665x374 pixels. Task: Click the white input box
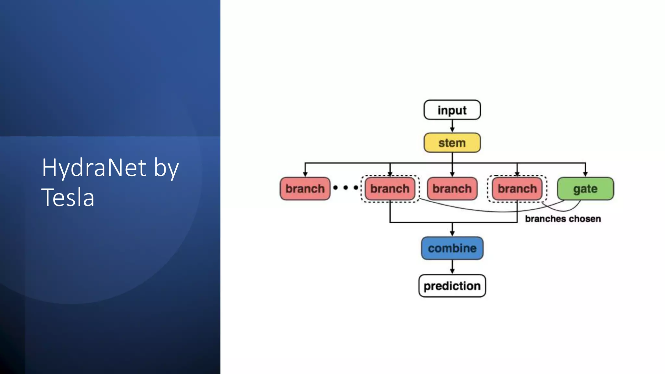click(x=452, y=110)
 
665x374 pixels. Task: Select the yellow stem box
click(x=452, y=143)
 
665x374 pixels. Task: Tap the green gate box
click(x=585, y=189)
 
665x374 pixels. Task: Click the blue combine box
click(x=452, y=248)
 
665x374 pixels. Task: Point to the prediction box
click(x=452, y=286)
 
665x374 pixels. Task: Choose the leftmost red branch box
click(x=305, y=189)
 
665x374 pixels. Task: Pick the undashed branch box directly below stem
click(x=452, y=189)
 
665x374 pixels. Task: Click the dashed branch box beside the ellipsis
click(x=390, y=189)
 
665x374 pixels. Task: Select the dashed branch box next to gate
click(x=517, y=189)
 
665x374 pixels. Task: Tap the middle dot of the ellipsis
click(x=345, y=188)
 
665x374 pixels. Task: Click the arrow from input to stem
click(x=452, y=126)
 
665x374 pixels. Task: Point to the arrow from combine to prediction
click(x=452, y=267)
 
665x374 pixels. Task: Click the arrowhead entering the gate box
click(x=585, y=174)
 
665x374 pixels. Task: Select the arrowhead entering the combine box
click(x=452, y=233)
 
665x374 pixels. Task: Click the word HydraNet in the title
click(x=94, y=168)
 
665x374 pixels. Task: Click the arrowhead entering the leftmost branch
click(x=305, y=174)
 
